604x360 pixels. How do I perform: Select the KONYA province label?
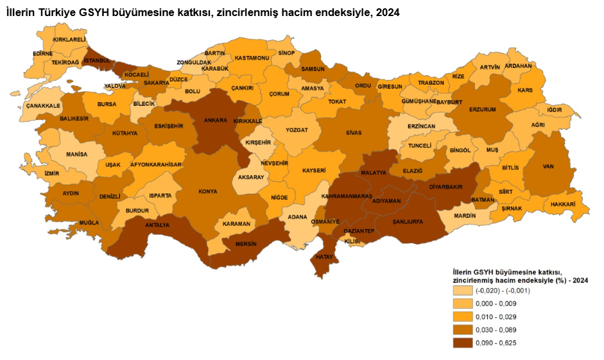pos(207,191)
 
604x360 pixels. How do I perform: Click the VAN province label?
pos(548,166)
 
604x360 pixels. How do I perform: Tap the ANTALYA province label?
pos(157,225)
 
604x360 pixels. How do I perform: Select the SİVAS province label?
pos(353,133)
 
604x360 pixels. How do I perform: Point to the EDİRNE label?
pos(42,53)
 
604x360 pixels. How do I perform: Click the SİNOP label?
pos(286,53)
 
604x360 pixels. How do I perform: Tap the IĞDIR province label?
pos(555,110)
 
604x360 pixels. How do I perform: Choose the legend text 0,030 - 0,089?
pos(496,330)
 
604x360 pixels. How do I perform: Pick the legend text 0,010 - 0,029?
pos(496,317)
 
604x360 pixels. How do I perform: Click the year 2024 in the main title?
pos(387,12)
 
